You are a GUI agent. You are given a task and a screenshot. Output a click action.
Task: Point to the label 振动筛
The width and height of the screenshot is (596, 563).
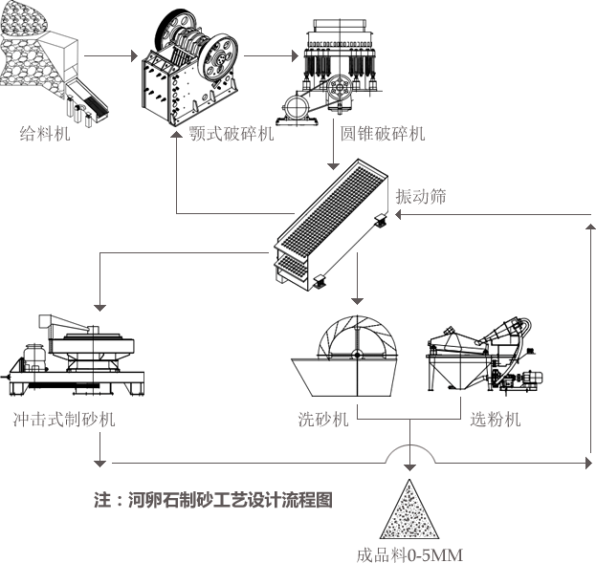[x=420, y=196]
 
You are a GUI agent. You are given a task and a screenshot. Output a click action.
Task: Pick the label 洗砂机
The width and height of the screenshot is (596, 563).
[x=323, y=419]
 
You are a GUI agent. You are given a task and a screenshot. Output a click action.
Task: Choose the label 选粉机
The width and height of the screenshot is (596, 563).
[x=496, y=419]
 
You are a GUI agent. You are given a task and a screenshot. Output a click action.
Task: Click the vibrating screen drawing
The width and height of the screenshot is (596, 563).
[x=331, y=225]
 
